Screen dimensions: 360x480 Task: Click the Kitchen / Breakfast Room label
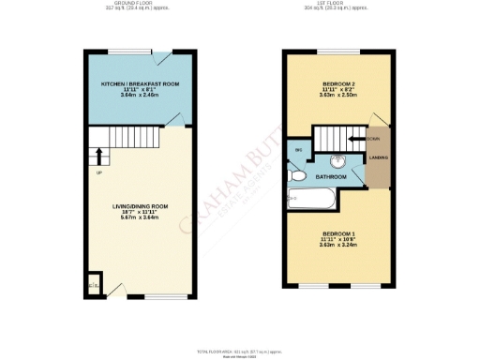[x=140, y=83]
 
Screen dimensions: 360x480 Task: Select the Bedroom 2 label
[x=337, y=83]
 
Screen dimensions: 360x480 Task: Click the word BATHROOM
[x=331, y=176]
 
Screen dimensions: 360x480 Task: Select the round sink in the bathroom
[x=334, y=160]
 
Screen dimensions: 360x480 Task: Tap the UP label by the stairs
[x=97, y=172]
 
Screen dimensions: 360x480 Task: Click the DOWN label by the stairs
[x=372, y=139]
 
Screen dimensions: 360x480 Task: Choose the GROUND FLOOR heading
[x=140, y=5]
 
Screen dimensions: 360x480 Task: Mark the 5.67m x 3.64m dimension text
[x=140, y=217]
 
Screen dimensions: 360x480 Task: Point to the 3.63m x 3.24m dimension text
[x=337, y=246]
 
